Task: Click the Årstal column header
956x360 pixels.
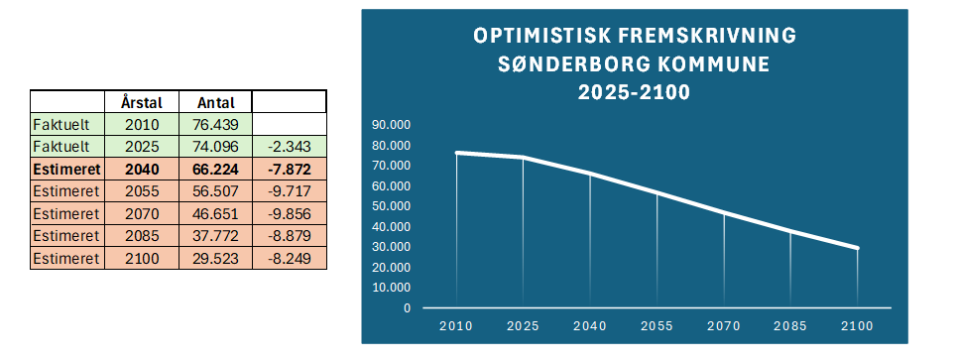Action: [x=142, y=102]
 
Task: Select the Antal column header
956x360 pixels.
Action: [x=215, y=102]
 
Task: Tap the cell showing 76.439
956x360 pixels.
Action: [x=215, y=125]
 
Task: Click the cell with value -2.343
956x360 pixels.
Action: [x=290, y=147]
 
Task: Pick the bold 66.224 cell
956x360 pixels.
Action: [x=215, y=169]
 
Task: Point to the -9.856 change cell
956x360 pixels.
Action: [x=290, y=213]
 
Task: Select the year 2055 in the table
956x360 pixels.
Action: [x=142, y=191]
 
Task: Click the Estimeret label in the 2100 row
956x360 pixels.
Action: [x=65, y=258]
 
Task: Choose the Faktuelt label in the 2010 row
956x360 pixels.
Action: [x=60, y=125]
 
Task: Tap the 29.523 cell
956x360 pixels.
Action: [x=215, y=258]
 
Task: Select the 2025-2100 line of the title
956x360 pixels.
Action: [x=634, y=92]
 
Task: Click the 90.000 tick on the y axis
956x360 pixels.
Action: [x=391, y=125]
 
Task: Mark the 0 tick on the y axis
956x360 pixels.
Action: [x=407, y=308]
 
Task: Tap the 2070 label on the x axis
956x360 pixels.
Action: [x=724, y=326]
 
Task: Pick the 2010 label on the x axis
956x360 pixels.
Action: [x=456, y=326]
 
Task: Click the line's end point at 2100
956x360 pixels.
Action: [x=857, y=248]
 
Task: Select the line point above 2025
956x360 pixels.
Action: [x=523, y=158]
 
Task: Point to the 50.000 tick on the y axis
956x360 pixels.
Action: [x=391, y=206]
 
